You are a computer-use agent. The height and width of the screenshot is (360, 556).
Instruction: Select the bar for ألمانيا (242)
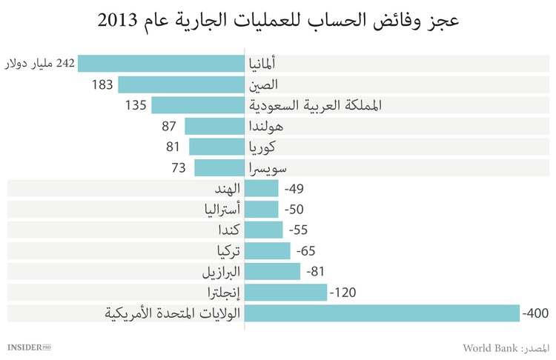point(161,64)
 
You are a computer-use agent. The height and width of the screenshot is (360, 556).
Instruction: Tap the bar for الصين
point(181,84)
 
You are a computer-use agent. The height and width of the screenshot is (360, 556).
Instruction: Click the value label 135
point(136,105)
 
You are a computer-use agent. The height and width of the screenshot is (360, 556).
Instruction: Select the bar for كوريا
point(216,147)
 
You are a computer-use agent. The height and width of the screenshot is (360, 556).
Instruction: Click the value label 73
point(179,167)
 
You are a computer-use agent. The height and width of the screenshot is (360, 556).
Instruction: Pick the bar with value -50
point(261,209)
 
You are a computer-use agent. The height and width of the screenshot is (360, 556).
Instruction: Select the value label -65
point(305,250)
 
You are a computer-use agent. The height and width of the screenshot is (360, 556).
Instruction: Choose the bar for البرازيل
point(272,271)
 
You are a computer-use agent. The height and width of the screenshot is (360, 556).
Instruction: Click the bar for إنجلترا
point(285,292)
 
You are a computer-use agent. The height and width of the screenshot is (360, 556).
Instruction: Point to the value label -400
point(535,313)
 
